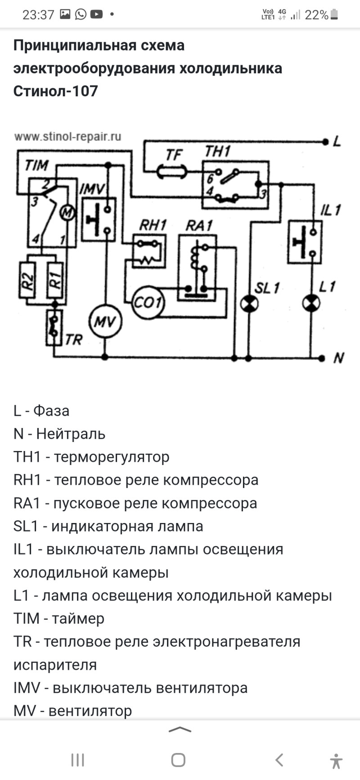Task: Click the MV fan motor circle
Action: tap(105, 322)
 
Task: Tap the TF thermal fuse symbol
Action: tap(172, 172)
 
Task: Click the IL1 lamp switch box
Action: tap(305, 241)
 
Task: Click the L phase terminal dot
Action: tap(325, 142)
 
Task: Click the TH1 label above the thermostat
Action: tap(217, 152)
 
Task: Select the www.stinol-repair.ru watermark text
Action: tap(67, 136)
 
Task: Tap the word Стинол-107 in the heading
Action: tap(55, 91)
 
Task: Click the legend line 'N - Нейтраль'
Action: tap(59, 434)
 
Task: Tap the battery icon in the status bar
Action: tap(334, 15)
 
